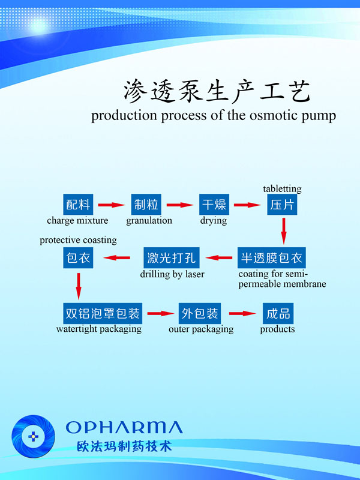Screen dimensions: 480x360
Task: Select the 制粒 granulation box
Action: pos(146,205)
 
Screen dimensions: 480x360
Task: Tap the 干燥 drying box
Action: pos(213,205)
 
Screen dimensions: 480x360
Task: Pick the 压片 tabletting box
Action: pos(282,205)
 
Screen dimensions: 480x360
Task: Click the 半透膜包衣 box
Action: pos(272,259)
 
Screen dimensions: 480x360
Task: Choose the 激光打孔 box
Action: pos(172,259)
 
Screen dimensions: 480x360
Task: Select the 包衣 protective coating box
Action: pos(78,259)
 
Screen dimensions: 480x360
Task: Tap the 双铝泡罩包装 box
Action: pos(102,313)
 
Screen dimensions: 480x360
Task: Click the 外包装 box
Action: pos(200,313)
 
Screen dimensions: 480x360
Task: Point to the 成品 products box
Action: pos(277,313)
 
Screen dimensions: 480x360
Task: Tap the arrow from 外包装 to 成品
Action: pos(242,313)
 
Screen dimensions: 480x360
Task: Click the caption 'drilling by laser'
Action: pos(172,275)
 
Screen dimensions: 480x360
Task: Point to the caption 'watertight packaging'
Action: pos(99,329)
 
